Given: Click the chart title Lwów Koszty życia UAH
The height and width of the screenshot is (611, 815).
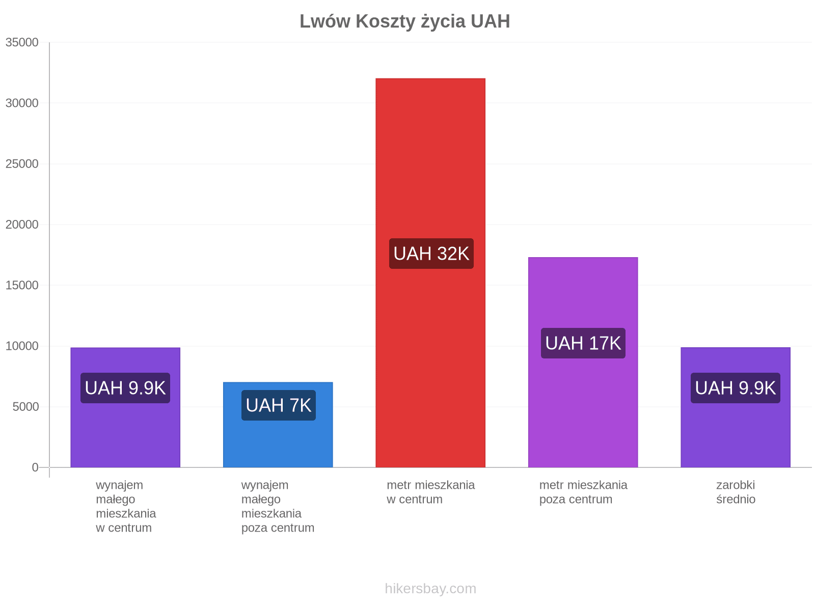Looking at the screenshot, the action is click(405, 21).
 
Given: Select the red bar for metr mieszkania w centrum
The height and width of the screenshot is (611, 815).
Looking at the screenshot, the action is click(430, 273).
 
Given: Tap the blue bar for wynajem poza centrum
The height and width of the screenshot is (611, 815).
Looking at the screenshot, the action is click(278, 425).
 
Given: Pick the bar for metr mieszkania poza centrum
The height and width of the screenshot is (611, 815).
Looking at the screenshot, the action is click(583, 362).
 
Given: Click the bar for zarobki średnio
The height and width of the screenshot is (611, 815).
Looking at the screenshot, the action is click(736, 407).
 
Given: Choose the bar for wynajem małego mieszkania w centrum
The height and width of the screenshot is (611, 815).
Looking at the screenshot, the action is click(125, 407).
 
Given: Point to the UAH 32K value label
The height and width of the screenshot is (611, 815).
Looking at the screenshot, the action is click(431, 254).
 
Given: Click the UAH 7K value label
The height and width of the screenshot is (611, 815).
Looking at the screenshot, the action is click(279, 405).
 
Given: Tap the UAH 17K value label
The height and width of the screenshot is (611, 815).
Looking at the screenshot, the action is click(583, 343).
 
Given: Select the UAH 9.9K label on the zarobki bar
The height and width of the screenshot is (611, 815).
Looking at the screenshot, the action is click(735, 388).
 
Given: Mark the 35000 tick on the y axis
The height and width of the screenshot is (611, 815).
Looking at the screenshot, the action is click(22, 42).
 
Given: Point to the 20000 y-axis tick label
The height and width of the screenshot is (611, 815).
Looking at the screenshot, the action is click(22, 225).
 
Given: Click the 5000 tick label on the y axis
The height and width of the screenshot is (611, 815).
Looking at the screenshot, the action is click(25, 407).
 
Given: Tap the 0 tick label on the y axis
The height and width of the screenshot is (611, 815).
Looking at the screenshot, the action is click(35, 467).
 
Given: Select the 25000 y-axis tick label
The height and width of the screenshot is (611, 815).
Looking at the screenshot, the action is click(22, 163).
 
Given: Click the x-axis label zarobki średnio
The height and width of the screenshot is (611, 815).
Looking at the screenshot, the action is click(736, 492).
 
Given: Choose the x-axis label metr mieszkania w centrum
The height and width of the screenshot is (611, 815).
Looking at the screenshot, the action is click(431, 492).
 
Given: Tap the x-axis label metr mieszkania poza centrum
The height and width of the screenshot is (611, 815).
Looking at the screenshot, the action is click(583, 492).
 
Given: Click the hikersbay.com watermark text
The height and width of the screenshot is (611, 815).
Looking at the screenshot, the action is click(430, 589).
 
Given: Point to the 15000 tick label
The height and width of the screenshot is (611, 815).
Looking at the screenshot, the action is click(22, 285).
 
